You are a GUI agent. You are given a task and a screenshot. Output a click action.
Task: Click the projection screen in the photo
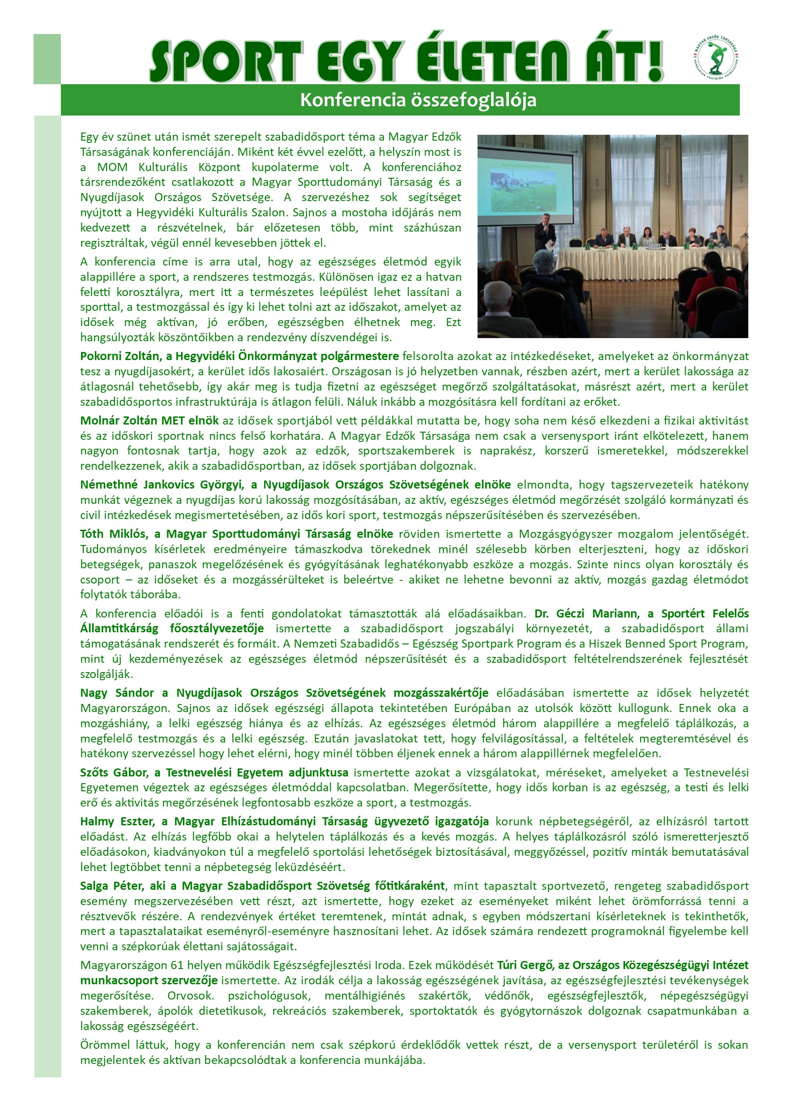click(x=525, y=186)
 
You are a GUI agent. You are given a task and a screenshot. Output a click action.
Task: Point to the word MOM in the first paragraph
click(x=112, y=167)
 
